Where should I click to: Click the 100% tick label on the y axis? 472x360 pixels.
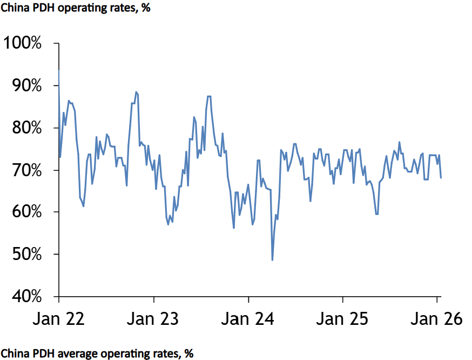pyautogui.click(x=23, y=43)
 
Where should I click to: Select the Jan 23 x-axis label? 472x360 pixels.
pyautogui.click(x=154, y=319)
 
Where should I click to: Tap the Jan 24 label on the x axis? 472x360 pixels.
pyautogui.click(x=248, y=319)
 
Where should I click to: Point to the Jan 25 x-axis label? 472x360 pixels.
pyautogui.click(x=342, y=319)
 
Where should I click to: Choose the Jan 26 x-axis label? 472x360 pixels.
pyautogui.click(x=436, y=319)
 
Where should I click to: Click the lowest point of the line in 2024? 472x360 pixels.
pyautogui.click(x=272, y=260)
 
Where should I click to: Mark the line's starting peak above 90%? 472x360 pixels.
pyautogui.click(x=58, y=71)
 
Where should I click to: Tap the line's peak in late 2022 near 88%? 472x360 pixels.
pyautogui.click(x=136, y=92)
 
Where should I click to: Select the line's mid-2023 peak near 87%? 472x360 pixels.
pyautogui.click(x=209, y=96)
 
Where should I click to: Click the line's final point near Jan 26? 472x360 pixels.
pyautogui.click(x=441, y=177)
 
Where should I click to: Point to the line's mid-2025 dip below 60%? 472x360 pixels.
pyautogui.click(x=376, y=214)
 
